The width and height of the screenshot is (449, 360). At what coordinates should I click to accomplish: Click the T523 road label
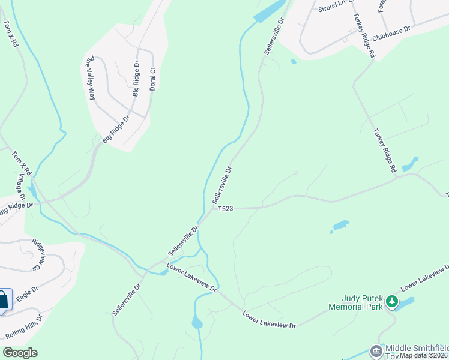point(225,208)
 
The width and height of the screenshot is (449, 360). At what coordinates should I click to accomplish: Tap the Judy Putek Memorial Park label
point(355,301)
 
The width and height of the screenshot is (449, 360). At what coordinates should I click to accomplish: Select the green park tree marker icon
point(392,300)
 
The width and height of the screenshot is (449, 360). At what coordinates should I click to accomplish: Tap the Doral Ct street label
point(153,78)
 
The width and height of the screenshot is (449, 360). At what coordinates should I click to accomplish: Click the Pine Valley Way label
point(91,77)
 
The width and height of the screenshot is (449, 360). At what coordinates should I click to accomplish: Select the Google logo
point(20,353)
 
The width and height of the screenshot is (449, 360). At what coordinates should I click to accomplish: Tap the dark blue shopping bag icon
point(3,300)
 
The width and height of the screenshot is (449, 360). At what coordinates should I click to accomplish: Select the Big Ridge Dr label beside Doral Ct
point(136,78)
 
